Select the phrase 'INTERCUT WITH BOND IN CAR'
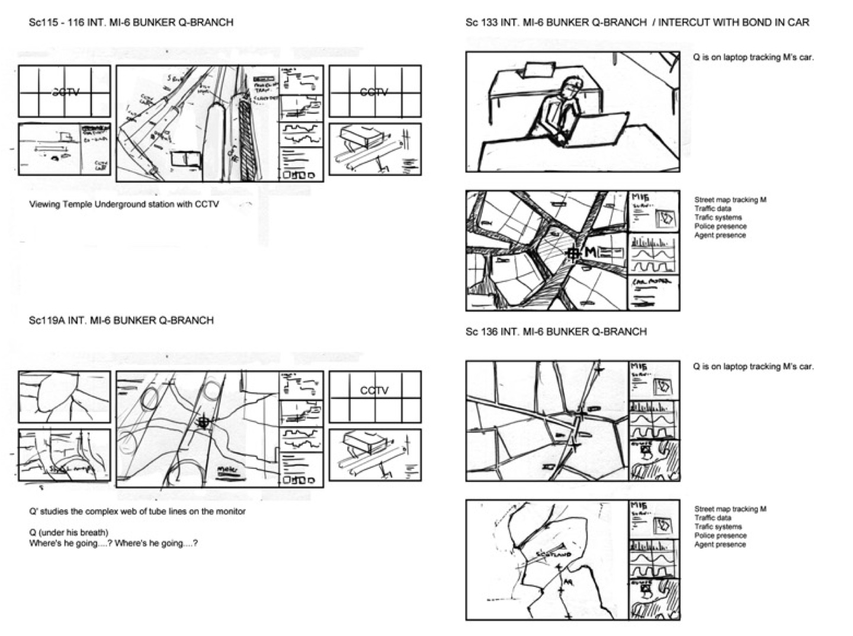(733, 23)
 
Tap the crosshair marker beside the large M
(573, 254)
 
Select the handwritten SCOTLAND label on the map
(552, 554)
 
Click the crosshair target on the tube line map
(204, 422)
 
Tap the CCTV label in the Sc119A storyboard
(374, 391)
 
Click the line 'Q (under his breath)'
(69, 532)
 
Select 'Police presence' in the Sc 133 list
(720, 226)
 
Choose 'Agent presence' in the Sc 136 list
(720, 544)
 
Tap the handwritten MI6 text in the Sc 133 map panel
(640, 197)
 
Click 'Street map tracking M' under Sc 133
(730, 200)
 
